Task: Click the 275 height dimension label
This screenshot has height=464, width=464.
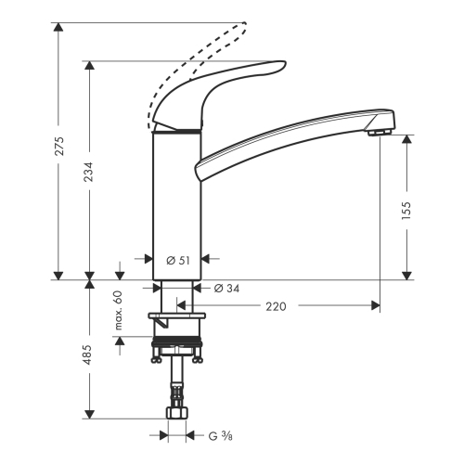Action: [x=59, y=146]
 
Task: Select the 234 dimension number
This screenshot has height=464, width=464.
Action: [x=89, y=172]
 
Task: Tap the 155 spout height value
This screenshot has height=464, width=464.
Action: [x=406, y=211]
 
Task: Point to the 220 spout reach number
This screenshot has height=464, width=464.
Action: [x=276, y=306]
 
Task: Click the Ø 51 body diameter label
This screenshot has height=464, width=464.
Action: [x=178, y=261]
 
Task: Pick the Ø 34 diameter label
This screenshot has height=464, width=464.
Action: [x=226, y=289]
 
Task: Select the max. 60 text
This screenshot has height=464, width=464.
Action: [x=119, y=310]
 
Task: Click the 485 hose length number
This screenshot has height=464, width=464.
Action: [x=88, y=354]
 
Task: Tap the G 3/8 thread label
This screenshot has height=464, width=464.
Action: [x=220, y=436]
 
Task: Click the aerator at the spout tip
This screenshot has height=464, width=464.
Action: [x=380, y=133]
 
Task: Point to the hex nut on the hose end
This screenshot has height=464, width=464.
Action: [x=176, y=413]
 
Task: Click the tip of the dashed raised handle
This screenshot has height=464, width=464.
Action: [x=245, y=23]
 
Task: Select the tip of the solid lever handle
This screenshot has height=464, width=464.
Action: [x=285, y=63]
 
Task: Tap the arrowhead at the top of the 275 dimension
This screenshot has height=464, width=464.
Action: [x=58, y=27]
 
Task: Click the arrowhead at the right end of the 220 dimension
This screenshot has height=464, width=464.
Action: [x=376, y=305]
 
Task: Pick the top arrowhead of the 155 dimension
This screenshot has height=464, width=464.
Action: [x=406, y=139]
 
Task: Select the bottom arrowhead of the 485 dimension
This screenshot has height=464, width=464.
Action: [x=89, y=414]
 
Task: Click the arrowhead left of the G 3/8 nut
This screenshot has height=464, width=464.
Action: [x=163, y=435]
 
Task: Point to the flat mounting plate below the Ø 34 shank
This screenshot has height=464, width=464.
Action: [x=177, y=316]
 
